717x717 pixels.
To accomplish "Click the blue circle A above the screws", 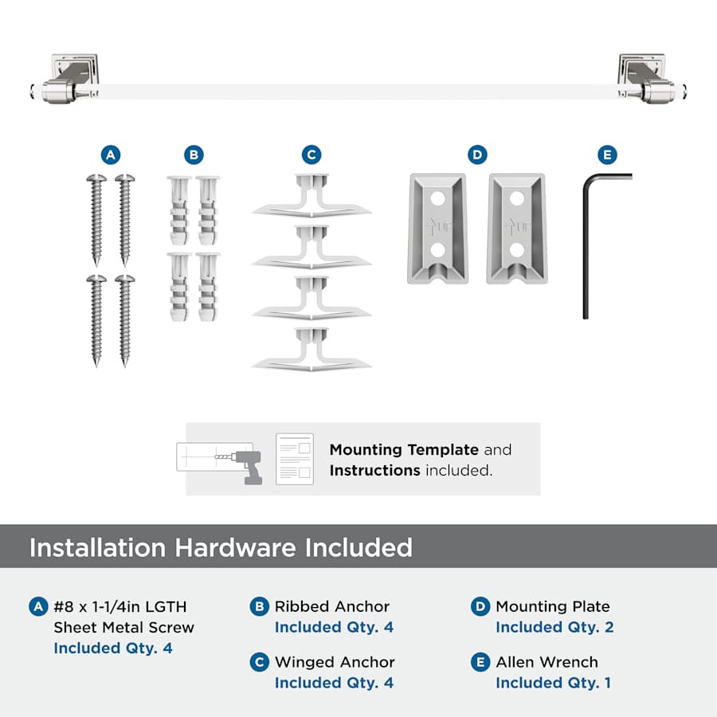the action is click(x=111, y=155).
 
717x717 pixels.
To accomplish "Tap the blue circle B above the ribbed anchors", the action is click(x=194, y=155).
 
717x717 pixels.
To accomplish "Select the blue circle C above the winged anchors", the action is click(x=311, y=155).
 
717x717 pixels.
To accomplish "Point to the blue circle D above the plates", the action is click(x=477, y=155).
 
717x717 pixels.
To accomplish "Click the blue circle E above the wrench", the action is click(x=607, y=155).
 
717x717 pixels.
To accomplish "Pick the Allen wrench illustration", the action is click(x=586, y=247).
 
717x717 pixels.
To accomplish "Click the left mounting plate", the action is click(x=437, y=229).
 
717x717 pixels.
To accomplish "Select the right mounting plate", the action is click(x=517, y=229).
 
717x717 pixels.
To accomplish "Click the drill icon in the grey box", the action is click(x=248, y=466).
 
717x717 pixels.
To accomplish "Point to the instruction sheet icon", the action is click(x=295, y=459).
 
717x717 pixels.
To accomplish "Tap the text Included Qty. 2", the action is click(x=554, y=627).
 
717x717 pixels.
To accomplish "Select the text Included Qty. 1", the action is click(x=554, y=683).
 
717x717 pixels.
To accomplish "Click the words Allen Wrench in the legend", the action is click(x=547, y=662).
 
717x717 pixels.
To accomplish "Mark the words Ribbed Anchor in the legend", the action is click(x=332, y=606).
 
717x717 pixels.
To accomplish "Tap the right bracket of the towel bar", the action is click(x=649, y=79).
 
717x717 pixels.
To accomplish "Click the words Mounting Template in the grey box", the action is click(x=404, y=450).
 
